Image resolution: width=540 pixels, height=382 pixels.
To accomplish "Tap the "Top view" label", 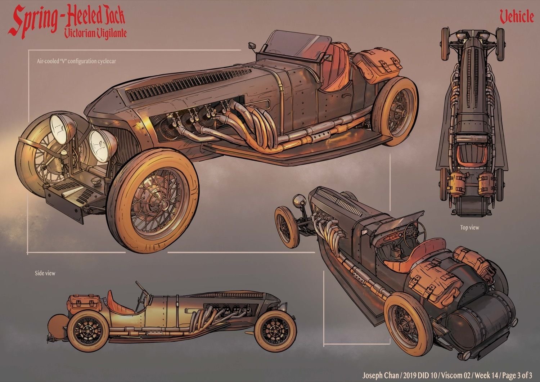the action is coord(469,228).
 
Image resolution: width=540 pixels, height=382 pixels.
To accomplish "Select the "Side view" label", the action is coord(45,273).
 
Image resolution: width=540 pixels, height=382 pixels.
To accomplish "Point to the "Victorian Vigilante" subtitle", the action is coord(95,33).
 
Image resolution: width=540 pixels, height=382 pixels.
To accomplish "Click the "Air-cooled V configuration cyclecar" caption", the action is coord(76,61).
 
